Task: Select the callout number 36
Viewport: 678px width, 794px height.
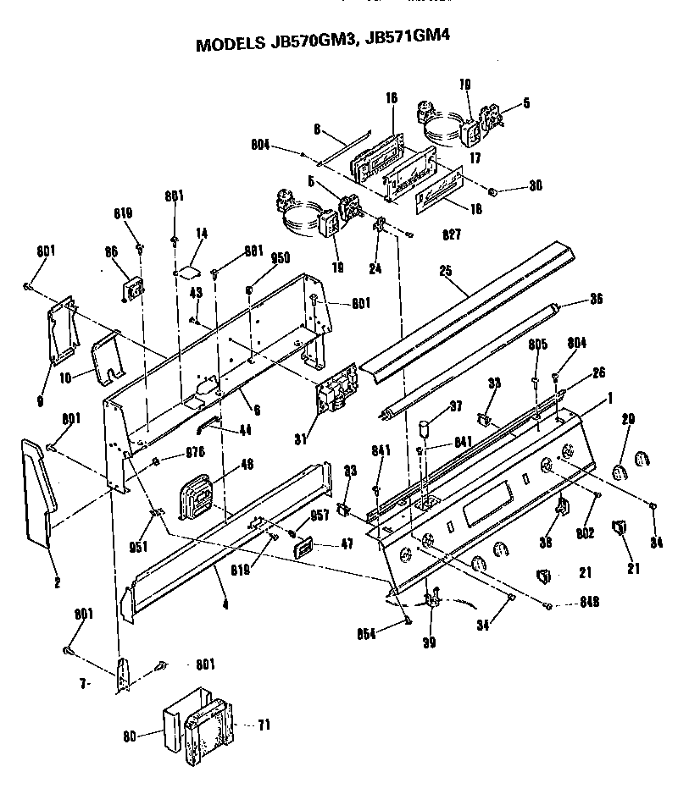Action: (597, 299)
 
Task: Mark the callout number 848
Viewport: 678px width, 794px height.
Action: (568, 604)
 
